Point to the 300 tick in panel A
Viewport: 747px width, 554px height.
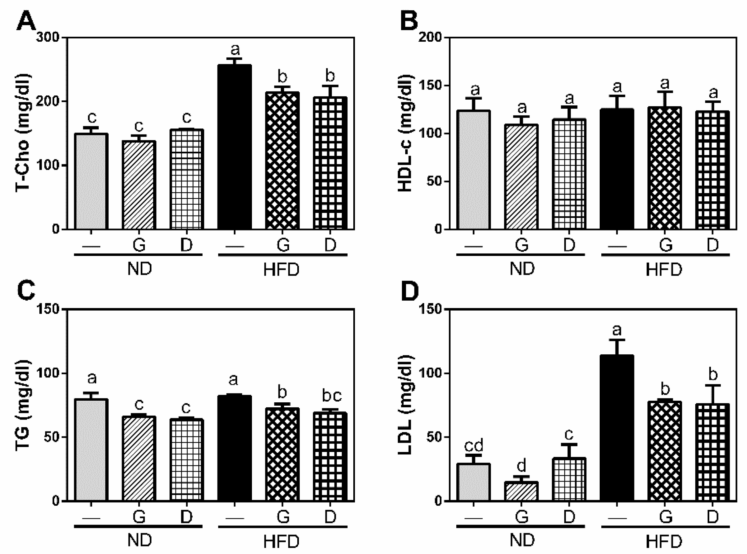point(48,37)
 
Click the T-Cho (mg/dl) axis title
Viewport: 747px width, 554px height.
point(23,133)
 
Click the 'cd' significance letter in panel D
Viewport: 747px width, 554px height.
point(473,446)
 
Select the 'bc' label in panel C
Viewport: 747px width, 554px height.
point(331,396)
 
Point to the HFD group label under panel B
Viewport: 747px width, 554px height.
point(664,270)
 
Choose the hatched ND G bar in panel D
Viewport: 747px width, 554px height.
point(521,491)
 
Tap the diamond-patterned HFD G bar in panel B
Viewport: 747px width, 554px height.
point(665,168)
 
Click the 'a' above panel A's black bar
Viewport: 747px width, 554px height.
point(235,50)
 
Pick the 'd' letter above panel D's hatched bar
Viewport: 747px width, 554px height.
point(522,466)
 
